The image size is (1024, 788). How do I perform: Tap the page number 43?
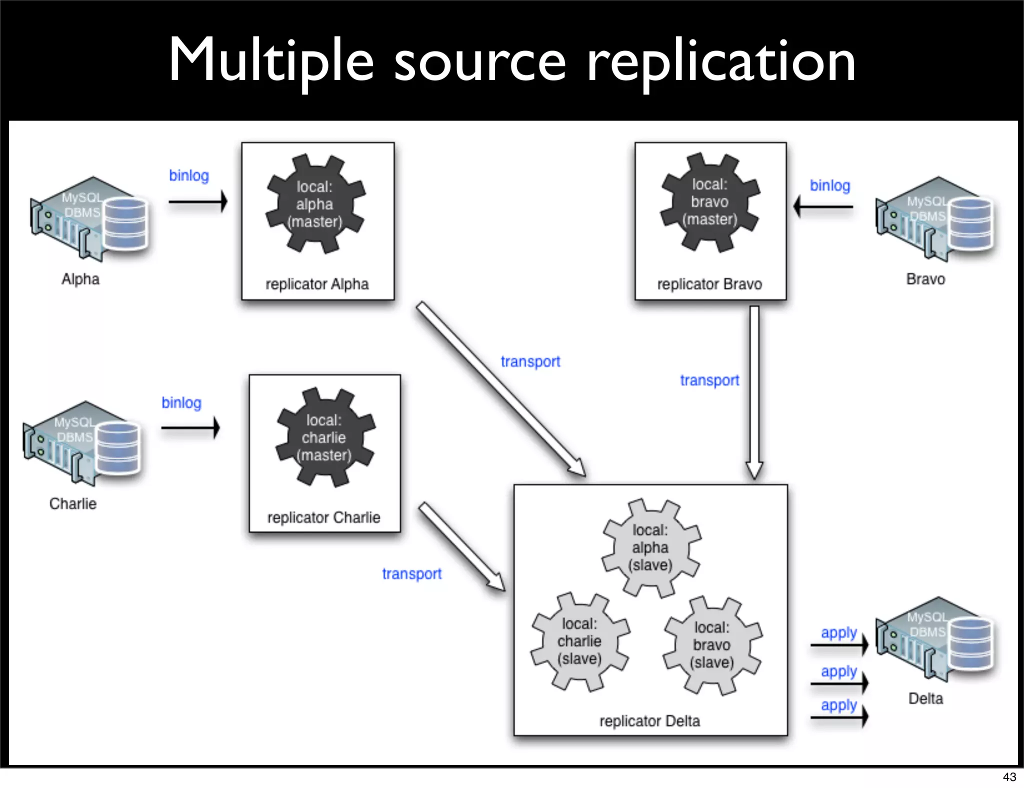tap(1009, 776)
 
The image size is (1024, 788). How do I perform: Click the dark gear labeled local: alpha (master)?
tap(315, 204)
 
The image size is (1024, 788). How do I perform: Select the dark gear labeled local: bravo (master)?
tap(710, 202)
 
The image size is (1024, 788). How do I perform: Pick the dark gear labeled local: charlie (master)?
tap(324, 437)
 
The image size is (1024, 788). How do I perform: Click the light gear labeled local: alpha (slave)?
tap(650, 547)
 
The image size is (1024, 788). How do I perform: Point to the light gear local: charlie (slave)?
tap(579, 641)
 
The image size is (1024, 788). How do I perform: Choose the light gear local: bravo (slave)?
tap(712, 644)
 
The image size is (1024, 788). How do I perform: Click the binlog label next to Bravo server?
tap(829, 185)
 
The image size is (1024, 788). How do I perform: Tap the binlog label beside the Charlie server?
tap(181, 402)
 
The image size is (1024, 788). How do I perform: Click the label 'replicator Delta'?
tap(649, 720)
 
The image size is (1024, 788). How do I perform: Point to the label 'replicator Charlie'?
tap(323, 517)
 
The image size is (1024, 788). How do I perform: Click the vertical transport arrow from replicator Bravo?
tap(754, 390)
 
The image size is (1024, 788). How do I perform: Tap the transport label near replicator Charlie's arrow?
tap(411, 573)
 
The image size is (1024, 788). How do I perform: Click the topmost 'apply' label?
tap(838, 632)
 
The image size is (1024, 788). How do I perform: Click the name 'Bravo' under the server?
tap(925, 279)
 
